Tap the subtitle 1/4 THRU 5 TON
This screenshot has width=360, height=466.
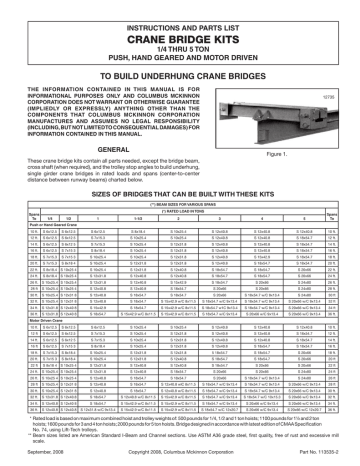180,46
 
